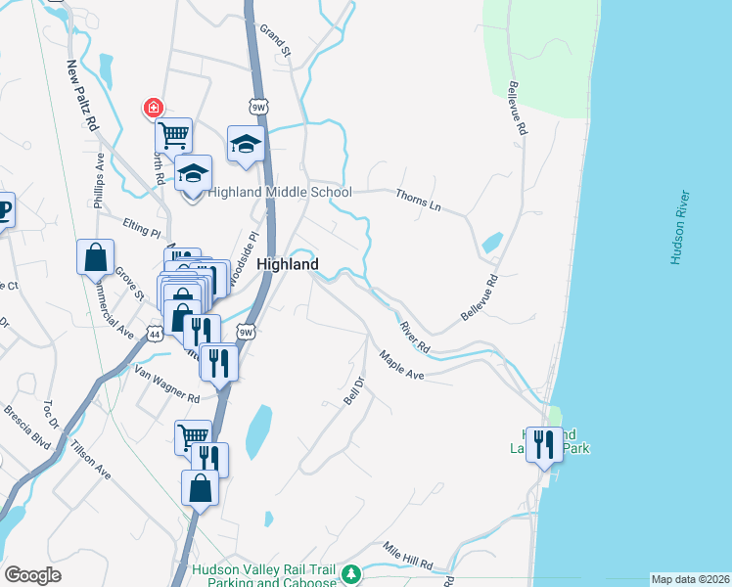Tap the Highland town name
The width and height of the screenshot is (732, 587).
click(288, 264)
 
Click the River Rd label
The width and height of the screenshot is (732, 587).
click(415, 335)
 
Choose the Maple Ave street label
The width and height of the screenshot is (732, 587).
click(401, 367)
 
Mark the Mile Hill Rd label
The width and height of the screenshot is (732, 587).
click(407, 557)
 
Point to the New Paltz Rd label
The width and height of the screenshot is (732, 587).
click(82, 96)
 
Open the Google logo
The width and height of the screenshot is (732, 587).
click(32, 575)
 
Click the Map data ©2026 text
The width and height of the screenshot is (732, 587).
click(690, 579)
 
